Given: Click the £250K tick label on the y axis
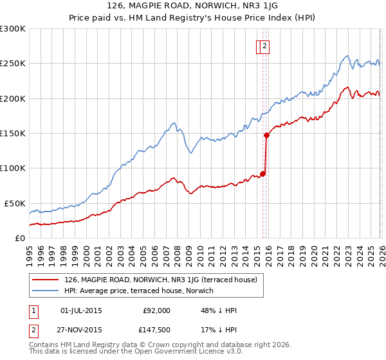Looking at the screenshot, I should tap(13, 64).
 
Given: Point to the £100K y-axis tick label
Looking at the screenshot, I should tap(13, 168).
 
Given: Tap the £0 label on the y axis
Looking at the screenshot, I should tap(19, 238).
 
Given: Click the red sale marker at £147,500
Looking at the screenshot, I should tap(266, 135).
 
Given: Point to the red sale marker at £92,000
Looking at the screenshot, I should tap(262, 174).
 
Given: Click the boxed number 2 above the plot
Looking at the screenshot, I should tap(264, 46).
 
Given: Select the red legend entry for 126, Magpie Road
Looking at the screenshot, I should tap(160, 280).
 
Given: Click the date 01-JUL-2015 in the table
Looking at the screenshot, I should tap(80, 310).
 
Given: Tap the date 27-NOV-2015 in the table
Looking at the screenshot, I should tap(80, 329).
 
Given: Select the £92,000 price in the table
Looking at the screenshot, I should tap(156, 310).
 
